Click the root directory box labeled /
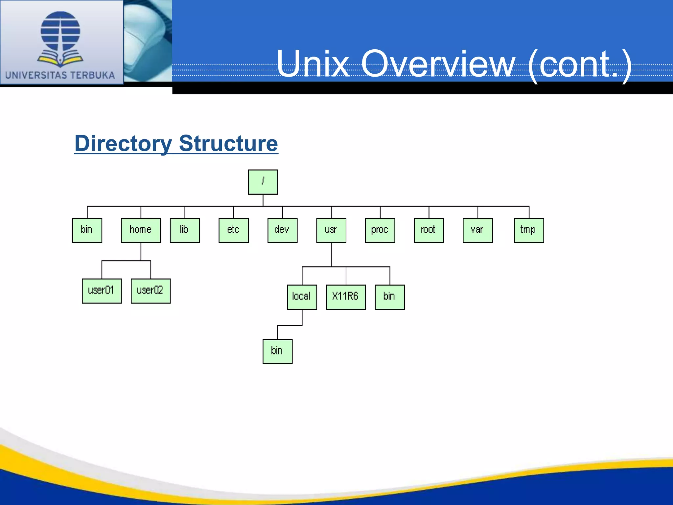coord(263,182)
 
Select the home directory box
coord(141,230)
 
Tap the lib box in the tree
coord(185,230)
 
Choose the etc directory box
coord(233,230)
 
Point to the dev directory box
coord(282,230)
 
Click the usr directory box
coord(331,230)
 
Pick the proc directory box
coord(380,230)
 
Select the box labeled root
coord(429,230)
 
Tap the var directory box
coord(477,230)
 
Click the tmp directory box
coord(528,230)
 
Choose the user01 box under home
coord(102,291)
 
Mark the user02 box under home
coord(151,291)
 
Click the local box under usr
coord(302,297)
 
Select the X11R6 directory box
coord(345,297)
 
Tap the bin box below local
coord(277,351)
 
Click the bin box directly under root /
coord(87,230)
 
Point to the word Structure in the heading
coord(228,144)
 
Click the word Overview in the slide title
coord(438,64)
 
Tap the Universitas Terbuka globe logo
coord(60,38)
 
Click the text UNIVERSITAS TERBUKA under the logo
coord(60,75)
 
